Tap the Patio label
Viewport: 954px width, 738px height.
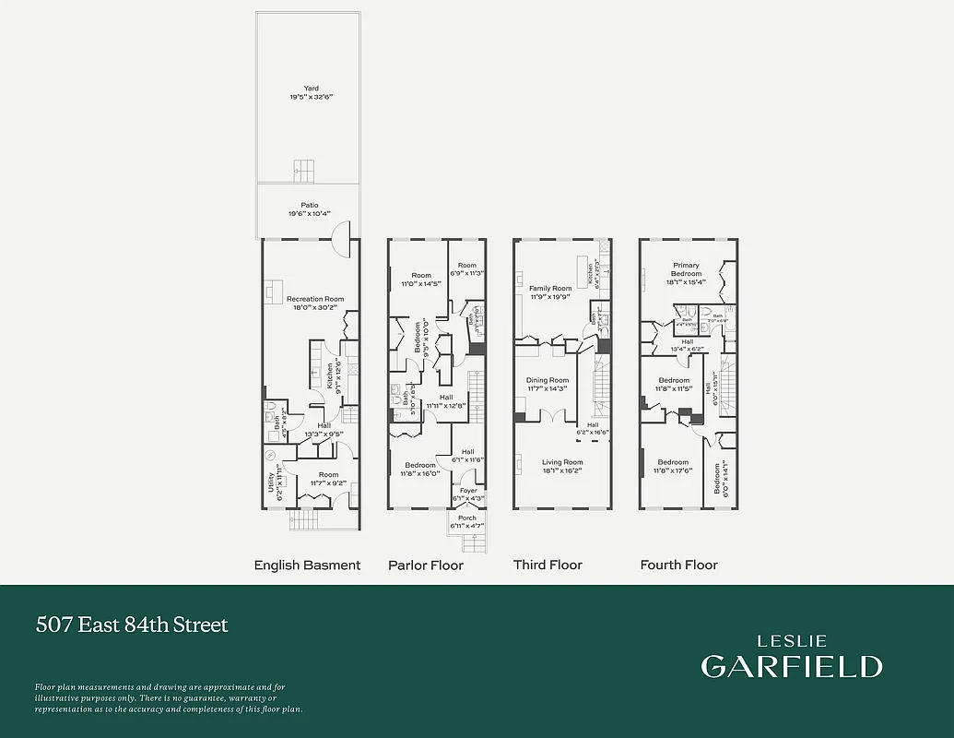point(310,206)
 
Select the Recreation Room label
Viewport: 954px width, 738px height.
point(315,299)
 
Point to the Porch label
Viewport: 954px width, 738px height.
point(467,518)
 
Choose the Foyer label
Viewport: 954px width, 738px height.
point(468,491)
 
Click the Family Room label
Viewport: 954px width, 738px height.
point(550,289)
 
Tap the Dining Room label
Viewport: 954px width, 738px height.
point(548,380)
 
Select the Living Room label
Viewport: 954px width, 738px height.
point(563,462)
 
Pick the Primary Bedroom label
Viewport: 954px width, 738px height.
point(686,269)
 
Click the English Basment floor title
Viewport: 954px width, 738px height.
point(307,565)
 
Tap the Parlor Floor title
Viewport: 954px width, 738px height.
point(426,565)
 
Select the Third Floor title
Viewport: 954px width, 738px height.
point(548,565)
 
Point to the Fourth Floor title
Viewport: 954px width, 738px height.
point(678,565)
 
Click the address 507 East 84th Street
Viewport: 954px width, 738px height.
point(132,625)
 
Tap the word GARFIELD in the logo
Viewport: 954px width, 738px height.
point(792,666)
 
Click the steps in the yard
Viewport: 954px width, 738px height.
point(304,169)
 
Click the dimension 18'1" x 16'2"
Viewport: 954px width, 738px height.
point(563,470)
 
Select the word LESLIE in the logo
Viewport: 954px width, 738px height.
point(792,641)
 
